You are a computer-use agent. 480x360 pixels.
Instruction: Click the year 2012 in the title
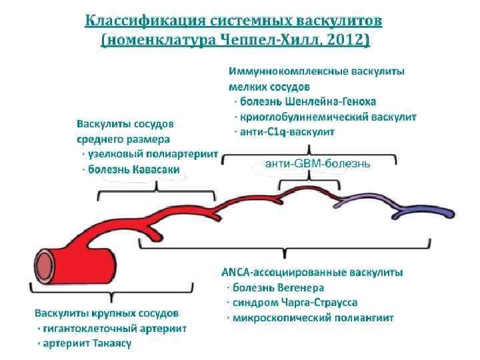[345, 40]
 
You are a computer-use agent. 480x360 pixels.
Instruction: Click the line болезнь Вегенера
[279, 287]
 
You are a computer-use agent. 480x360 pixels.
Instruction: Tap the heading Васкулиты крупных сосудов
[107, 313]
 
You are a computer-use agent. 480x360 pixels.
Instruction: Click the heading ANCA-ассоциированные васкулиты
[311, 273]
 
